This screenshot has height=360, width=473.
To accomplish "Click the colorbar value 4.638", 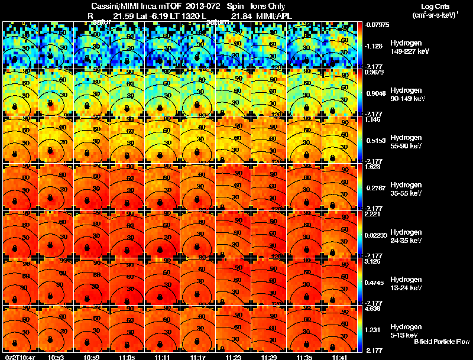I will coord(372,308).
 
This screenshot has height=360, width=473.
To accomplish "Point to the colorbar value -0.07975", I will coord(376,25).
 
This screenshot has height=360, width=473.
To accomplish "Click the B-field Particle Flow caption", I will coord(441,341).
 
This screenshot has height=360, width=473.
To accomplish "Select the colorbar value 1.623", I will coord(372,167).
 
